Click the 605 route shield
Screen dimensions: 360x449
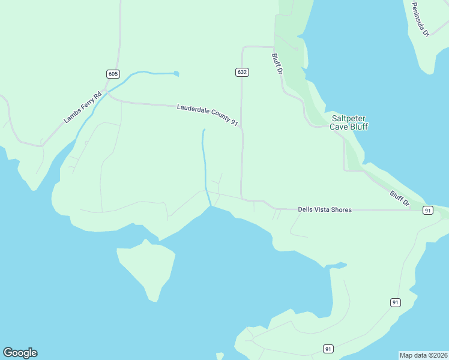pos(113,74)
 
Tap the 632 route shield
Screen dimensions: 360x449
pos(242,72)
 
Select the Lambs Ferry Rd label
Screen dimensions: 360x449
pos(83,106)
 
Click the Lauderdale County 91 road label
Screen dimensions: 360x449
pos(208,115)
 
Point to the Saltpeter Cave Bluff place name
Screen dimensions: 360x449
pos(349,122)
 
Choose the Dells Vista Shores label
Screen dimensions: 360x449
pos(325,209)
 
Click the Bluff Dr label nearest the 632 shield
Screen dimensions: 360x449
pos(277,64)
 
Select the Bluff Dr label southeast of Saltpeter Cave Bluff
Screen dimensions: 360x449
pos(399,198)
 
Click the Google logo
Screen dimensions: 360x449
pos(20,353)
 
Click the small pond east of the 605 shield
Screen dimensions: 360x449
pos(176,74)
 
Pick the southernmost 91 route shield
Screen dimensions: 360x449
pos(328,349)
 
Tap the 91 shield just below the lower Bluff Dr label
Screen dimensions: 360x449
pos(427,210)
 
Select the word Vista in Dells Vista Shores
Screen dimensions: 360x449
pos(325,209)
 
